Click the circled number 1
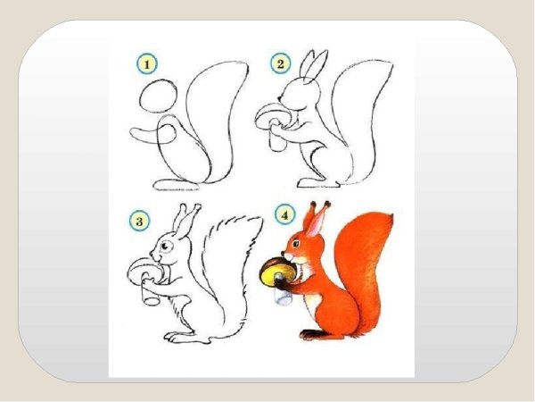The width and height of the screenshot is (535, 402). click(x=147, y=64)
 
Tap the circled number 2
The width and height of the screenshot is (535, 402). click(x=281, y=63)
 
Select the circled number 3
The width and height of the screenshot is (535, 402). click(x=139, y=221)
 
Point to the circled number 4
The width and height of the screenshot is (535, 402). click(x=285, y=214)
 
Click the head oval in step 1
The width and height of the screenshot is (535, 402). click(x=159, y=96)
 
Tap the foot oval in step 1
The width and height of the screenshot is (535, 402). click(x=177, y=185)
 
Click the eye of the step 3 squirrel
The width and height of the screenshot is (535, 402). click(x=166, y=246)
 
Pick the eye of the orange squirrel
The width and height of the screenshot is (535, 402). click(x=296, y=244)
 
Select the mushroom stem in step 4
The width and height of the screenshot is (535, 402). click(x=284, y=295)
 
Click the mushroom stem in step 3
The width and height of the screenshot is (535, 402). click(x=150, y=290)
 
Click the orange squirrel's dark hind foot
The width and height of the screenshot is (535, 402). click(x=313, y=334)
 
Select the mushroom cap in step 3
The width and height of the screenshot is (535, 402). click(x=145, y=270)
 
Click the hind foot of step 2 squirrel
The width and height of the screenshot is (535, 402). click(x=318, y=182)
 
